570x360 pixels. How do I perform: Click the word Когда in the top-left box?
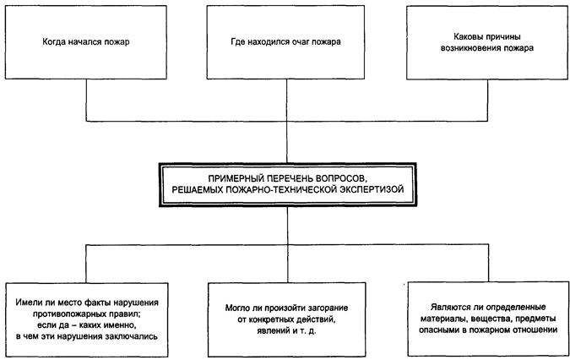tap(53, 41)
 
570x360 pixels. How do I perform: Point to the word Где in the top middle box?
tap(238, 41)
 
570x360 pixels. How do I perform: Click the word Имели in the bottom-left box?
tap(27, 303)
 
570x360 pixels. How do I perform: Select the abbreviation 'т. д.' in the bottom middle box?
tap(308, 331)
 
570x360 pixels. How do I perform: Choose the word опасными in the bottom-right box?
tap(437, 330)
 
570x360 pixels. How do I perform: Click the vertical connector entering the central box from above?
tap(287, 142)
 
